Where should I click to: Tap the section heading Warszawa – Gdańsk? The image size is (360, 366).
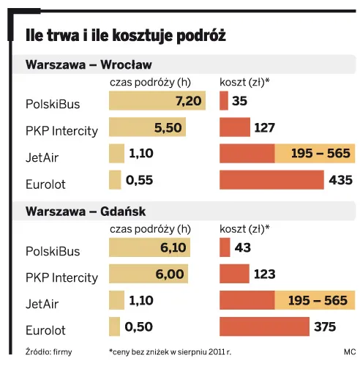(x=86, y=212)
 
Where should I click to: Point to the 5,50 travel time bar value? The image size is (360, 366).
(x=168, y=127)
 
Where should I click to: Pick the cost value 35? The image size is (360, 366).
(x=239, y=101)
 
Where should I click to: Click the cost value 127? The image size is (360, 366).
(x=264, y=128)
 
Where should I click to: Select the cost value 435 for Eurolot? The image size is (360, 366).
(x=341, y=180)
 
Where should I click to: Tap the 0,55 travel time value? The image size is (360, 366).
(x=138, y=180)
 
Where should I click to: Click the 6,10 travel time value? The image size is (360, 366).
(x=173, y=249)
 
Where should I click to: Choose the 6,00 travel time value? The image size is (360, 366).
(x=173, y=274)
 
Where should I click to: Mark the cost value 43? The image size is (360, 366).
(x=243, y=249)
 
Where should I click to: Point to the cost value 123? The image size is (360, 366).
(x=264, y=274)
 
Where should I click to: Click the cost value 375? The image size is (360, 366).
(x=326, y=327)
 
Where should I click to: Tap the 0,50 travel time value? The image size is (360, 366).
(x=139, y=327)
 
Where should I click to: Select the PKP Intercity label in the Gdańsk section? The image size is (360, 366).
(x=61, y=278)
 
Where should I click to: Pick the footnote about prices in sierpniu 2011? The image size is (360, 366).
(x=170, y=351)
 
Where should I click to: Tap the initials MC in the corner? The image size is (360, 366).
(x=348, y=351)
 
